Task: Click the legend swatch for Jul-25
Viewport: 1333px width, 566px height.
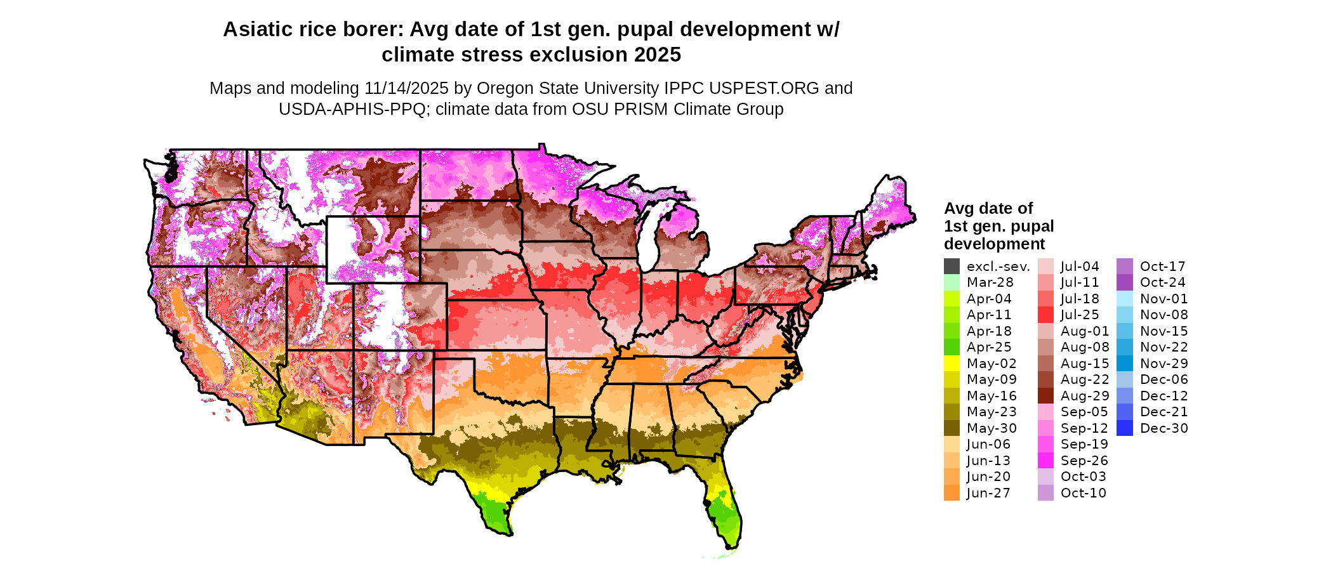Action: click(1045, 315)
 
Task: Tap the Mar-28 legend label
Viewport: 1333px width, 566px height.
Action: click(990, 282)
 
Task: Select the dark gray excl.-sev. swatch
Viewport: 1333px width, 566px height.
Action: click(952, 267)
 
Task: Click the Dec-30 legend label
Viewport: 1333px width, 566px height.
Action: click(1164, 428)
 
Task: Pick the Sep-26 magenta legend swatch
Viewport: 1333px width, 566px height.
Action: click(1045, 461)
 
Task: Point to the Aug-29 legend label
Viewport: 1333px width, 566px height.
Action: click(1085, 396)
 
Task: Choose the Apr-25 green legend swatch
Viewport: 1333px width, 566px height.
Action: click(952, 347)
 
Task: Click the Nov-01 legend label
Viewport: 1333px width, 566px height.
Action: click(1164, 299)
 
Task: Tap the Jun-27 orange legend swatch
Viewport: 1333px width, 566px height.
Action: click(952, 493)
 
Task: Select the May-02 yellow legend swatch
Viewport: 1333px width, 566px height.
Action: click(952, 364)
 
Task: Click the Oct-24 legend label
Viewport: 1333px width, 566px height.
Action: click(1162, 282)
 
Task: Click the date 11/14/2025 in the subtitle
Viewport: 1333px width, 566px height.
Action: click(406, 88)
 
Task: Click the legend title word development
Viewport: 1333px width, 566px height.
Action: click(994, 244)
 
